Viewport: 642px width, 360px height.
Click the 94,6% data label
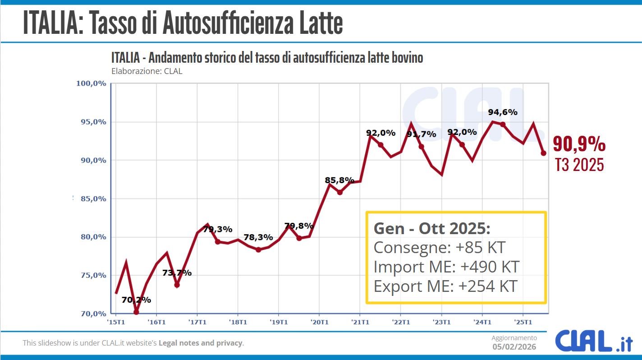(x=503, y=112)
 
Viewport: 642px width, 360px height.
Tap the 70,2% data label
(x=136, y=300)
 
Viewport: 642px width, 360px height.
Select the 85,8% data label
(x=339, y=180)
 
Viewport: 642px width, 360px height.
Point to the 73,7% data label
(x=177, y=273)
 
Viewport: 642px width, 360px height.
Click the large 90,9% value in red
(x=579, y=144)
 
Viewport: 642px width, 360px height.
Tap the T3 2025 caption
(x=579, y=165)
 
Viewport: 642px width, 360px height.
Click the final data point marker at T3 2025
(x=544, y=153)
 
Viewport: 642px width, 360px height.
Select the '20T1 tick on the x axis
(x=319, y=322)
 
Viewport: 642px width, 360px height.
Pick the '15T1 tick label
(x=116, y=322)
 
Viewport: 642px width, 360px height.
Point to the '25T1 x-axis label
(x=523, y=322)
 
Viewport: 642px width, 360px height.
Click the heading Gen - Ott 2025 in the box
(x=432, y=229)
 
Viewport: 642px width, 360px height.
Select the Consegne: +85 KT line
(x=440, y=248)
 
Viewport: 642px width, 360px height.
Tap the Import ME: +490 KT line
(x=446, y=267)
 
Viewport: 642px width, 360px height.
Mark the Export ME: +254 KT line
(x=445, y=286)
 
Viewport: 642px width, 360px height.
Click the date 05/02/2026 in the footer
(x=514, y=346)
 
